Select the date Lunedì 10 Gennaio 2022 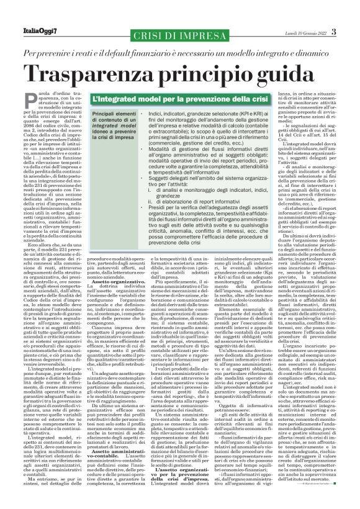click(x=302, y=32)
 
